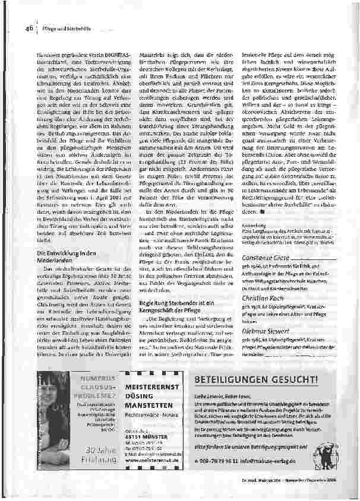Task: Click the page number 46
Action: [28, 28]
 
